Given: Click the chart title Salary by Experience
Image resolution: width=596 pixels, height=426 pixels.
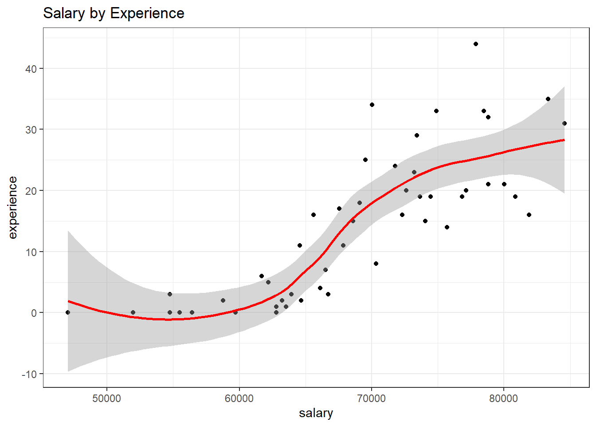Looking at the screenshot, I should (114, 13).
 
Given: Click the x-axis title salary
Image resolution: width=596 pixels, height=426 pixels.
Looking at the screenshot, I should (316, 413).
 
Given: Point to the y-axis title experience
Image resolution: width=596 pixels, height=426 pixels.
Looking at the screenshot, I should (12, 208).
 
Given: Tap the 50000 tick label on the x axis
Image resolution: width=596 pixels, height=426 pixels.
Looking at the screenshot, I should (107, 398).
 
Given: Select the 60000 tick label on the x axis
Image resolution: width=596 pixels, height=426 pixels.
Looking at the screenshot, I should (239, 398).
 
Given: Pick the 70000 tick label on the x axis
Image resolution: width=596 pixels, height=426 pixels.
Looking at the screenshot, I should (371, 398).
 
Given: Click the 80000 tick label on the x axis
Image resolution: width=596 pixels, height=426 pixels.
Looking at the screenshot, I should (503, 398).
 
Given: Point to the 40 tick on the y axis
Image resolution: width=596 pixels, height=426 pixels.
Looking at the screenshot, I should (31, 69).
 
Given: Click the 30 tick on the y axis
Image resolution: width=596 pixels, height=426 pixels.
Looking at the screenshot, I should (31, 130).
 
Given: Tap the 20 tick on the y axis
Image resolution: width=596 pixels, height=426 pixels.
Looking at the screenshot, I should (31, 191).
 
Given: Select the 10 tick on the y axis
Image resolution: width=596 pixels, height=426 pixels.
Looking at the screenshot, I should (31, 252).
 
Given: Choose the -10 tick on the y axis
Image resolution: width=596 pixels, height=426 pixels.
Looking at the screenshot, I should (29, 374).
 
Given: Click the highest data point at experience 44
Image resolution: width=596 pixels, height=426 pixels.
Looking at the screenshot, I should (476, 44).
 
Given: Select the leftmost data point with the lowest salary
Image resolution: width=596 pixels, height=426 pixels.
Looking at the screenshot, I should (68, 312).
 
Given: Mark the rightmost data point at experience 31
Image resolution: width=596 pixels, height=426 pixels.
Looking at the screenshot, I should (565, 123).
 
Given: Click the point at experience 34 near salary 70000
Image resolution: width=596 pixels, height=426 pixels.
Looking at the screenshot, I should (372, 105).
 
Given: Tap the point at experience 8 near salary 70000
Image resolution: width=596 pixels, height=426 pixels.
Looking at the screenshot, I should (376, 264).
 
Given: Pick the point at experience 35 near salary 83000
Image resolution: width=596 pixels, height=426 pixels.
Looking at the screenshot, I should (548, 99).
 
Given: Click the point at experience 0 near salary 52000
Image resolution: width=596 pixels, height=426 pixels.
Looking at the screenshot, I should (133, 312).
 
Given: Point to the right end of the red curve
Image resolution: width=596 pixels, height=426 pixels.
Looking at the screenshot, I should (564, 140).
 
